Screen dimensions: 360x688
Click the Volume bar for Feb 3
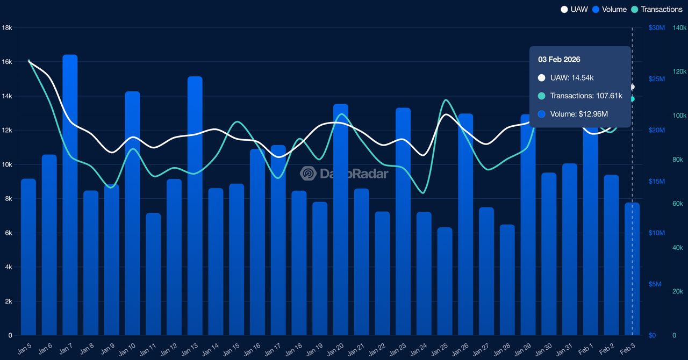[x=632, y=269]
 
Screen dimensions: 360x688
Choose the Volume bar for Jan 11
[x=153, y=274]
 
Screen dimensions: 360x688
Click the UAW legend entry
[x=575, y=9]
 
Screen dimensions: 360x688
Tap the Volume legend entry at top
[x=611, y=9]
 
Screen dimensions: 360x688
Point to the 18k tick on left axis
[x=8, y=28]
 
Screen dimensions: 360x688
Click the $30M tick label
[x=657, y=28]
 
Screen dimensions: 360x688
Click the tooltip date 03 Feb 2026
[x=555, y=60]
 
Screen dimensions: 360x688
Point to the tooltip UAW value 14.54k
[x=572, y=78]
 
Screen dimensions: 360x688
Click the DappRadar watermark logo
[x=308, y=174]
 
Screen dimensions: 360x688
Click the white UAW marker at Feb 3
[x=632, y=87]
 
